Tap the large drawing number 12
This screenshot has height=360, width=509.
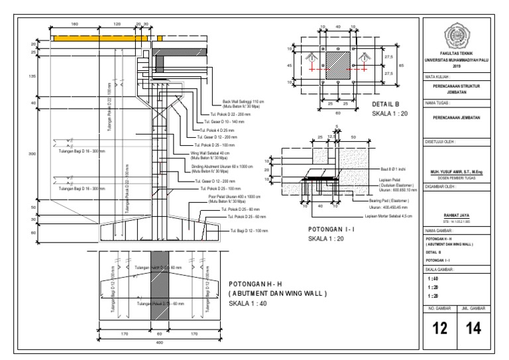(x=440, y=328)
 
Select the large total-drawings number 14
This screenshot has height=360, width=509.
(x=473, y=328)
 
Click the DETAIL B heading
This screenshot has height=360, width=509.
(x=386, y=105)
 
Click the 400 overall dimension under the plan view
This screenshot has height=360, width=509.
(x=158, y=343)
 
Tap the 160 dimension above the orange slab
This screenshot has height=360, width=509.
(x=74, y=24)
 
